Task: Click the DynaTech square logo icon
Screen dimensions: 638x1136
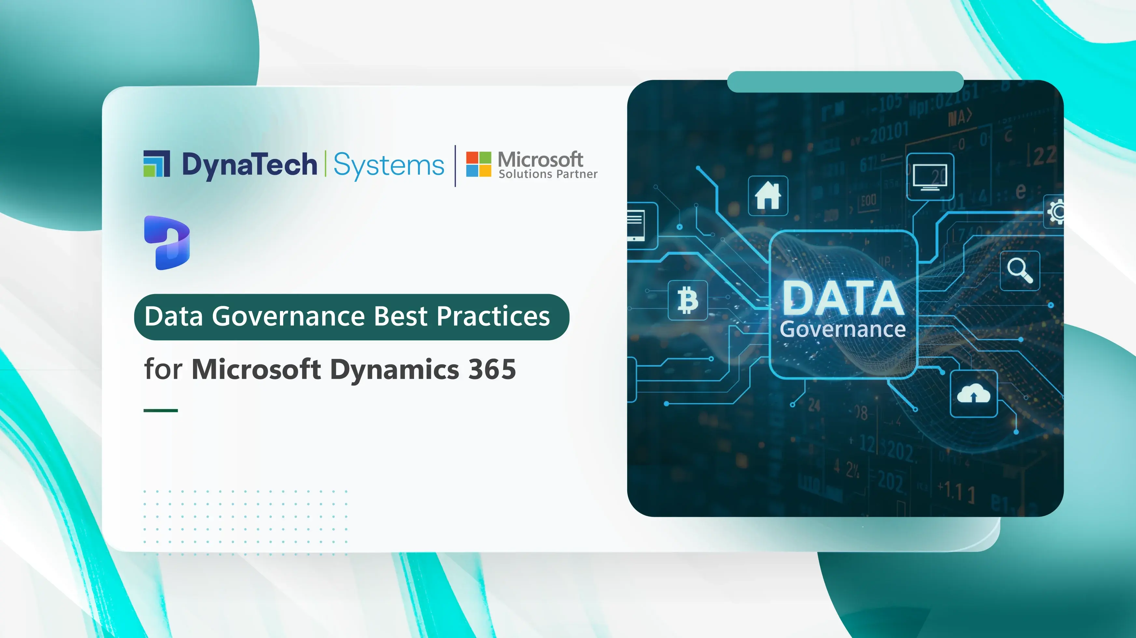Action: [157, 164]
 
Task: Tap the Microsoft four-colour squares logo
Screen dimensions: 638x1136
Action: [478, 164]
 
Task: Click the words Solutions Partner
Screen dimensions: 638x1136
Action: [548, 174]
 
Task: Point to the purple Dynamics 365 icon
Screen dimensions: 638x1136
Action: [167, 242]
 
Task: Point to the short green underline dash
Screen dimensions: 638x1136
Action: [160, 410]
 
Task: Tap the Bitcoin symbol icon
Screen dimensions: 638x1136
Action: [687, 300]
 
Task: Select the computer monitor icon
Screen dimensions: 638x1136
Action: [930, 177]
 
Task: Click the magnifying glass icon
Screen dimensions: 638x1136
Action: [1019, 270]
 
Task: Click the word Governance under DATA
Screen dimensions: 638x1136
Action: [843, 330]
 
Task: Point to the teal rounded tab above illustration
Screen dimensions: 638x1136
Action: [845, 82]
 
